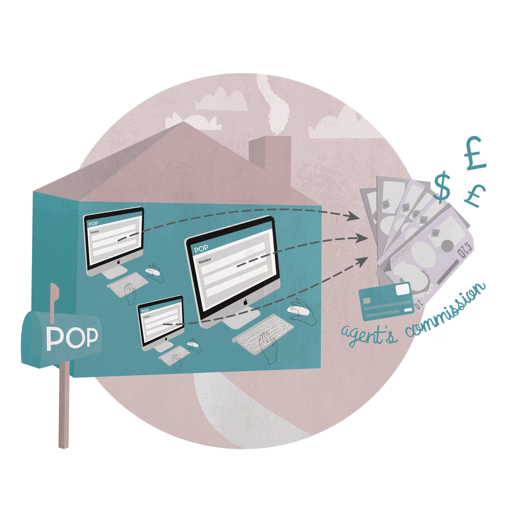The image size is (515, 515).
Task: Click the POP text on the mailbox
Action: (x=72, y=338)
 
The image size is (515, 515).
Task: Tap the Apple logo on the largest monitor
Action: (x=245, y=302)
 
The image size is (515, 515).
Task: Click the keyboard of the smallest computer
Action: (x=174, y=355)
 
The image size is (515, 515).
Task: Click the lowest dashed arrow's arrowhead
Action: (x=363, y=261)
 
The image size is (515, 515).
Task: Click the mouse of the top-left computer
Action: (x=153, y=272)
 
